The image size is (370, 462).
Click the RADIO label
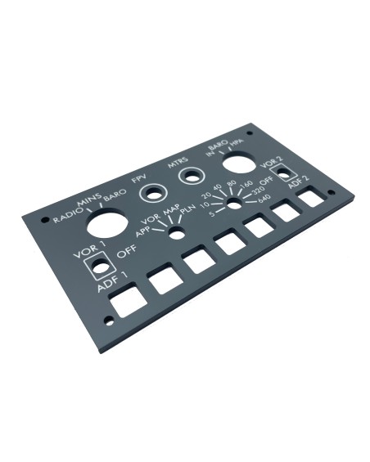coord(66,215)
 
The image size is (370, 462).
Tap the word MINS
coord(89,200)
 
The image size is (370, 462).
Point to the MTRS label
coord(178,163)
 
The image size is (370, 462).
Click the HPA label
coord(237,142)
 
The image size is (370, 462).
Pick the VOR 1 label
coord(89,250)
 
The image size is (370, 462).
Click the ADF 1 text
coord(113,282)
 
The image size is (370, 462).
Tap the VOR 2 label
coord(272,163)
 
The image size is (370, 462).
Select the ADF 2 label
coord(299,182)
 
